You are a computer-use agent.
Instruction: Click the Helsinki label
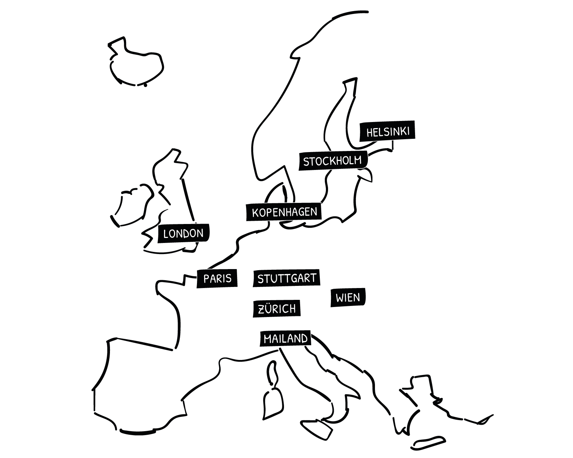tap(387, 131)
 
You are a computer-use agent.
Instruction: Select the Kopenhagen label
tap(284, 212)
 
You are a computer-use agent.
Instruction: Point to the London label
tap(183, 233)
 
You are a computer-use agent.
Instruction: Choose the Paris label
tap(217, 278)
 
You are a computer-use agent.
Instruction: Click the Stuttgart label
tap(286, 278)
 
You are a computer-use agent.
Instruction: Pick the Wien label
tap(348, 298)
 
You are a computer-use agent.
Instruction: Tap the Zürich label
tap(276, 309)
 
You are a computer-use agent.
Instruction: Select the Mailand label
tap(285, 338)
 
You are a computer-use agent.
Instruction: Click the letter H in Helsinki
tap(370, 132)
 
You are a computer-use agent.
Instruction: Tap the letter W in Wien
tap(340, 298)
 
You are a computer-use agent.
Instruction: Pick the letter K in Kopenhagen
tap(255, 213)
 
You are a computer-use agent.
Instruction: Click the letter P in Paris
tap(207, 279)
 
